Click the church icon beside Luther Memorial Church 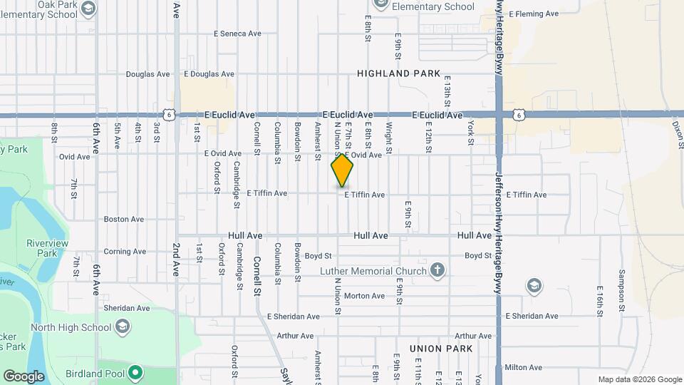point(438,270)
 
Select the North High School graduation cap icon point(123,327)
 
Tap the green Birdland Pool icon point(135,372)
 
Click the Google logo point(24,376)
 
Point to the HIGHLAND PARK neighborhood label point(393,73)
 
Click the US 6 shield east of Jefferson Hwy point(518,114)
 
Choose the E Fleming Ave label point(533,14)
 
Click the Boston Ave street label point(124,220)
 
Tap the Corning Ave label point(125,251)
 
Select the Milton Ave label point(523,367)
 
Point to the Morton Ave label point(364,296)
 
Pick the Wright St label point(389,135)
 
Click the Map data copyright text point(639,379)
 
